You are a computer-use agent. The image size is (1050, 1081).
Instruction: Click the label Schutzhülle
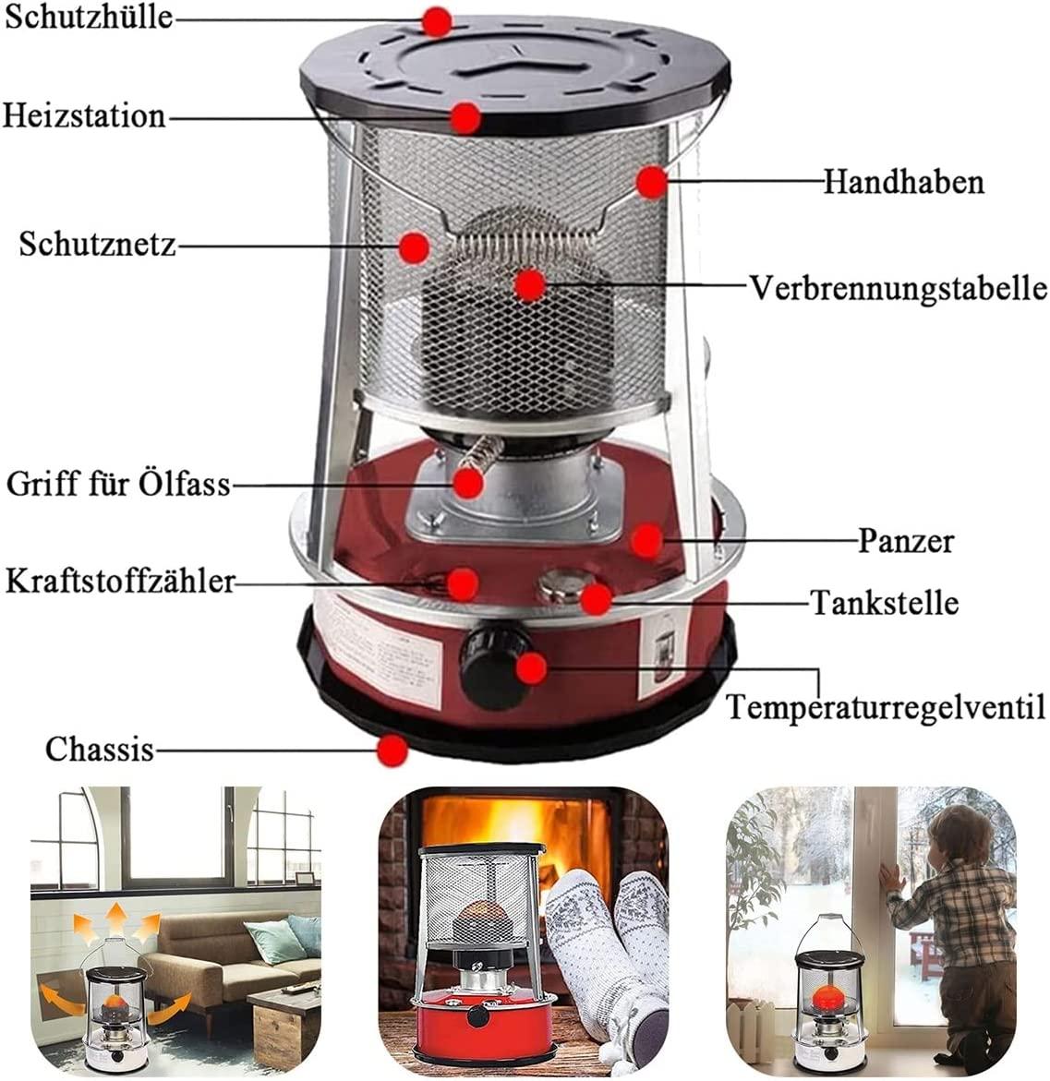(x=89, y=18)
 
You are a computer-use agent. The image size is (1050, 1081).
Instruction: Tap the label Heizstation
(x=85, y=115)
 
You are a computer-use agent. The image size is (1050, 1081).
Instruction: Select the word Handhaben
(x=904, y=183)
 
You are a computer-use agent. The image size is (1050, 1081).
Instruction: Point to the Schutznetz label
(x=97, y=244)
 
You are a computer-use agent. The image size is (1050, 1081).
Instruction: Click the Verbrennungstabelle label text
(x=899, y=288)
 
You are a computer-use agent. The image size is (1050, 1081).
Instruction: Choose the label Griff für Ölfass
(x=118, y=484)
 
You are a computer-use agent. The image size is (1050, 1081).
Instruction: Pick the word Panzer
(x=906, y=541)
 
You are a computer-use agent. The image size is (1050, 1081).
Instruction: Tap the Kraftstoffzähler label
(x=120, y=582)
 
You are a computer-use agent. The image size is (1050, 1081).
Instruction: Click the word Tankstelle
(x=885, y=603)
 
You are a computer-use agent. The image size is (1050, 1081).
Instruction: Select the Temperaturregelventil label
(x=887, y=707)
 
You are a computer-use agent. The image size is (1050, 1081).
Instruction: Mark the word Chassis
(x=100, y=750)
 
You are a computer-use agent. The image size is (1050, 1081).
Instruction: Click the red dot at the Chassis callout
(x=393, y=750)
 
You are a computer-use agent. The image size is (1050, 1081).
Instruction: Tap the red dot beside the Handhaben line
(x=651, y=182)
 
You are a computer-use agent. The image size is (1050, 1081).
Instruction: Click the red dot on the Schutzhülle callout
(x=437, y=22)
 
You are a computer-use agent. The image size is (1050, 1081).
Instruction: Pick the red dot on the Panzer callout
(x=646, y=541)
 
